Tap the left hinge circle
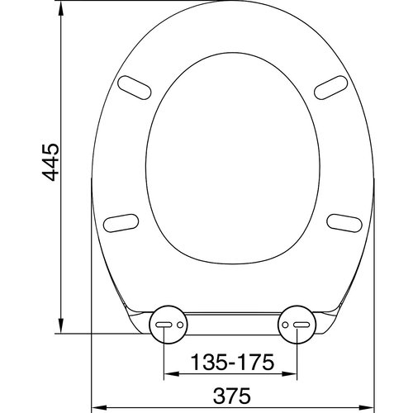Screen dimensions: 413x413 [167, 325]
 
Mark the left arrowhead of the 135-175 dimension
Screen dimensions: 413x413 [170, 376]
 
